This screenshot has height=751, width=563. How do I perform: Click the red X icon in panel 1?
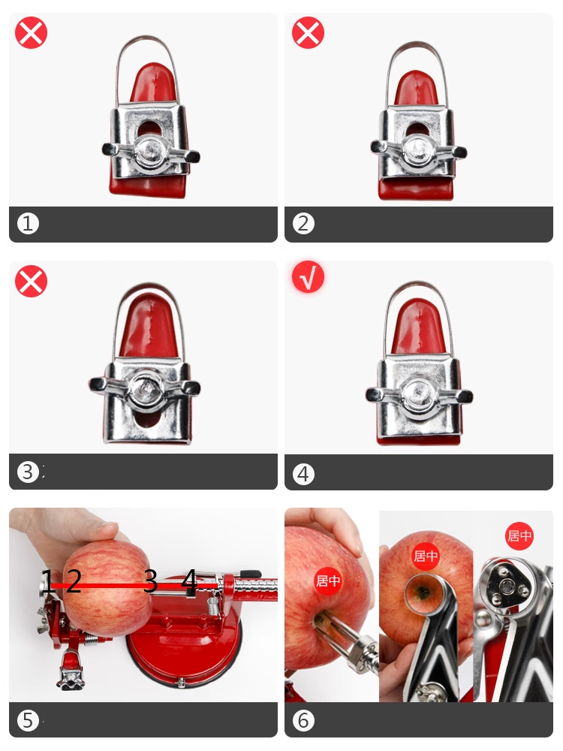[31, 33]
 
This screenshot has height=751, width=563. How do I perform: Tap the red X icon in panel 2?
[308, 32]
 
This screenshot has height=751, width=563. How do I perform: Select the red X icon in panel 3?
[31, 281]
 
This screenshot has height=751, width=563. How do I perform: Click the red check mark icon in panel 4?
[308, 277]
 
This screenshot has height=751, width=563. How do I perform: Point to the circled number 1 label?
[28, 223]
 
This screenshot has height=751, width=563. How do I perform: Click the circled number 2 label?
[303, 223]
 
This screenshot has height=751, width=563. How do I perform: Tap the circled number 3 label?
[28, 472]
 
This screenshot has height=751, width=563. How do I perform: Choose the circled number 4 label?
[303, 474]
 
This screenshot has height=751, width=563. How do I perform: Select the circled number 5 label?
[28, 720]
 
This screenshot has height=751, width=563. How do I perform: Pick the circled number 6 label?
[303, 720]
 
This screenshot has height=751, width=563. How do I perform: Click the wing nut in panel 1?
[151, 152]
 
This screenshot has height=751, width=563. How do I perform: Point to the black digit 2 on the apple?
[74, 581]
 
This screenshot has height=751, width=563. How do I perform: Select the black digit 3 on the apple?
[150, 581]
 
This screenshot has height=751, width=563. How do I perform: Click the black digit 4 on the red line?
[190, 581]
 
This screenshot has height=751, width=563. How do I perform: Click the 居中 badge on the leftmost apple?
[328, 581]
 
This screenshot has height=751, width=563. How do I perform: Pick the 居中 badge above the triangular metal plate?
[519, 535]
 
